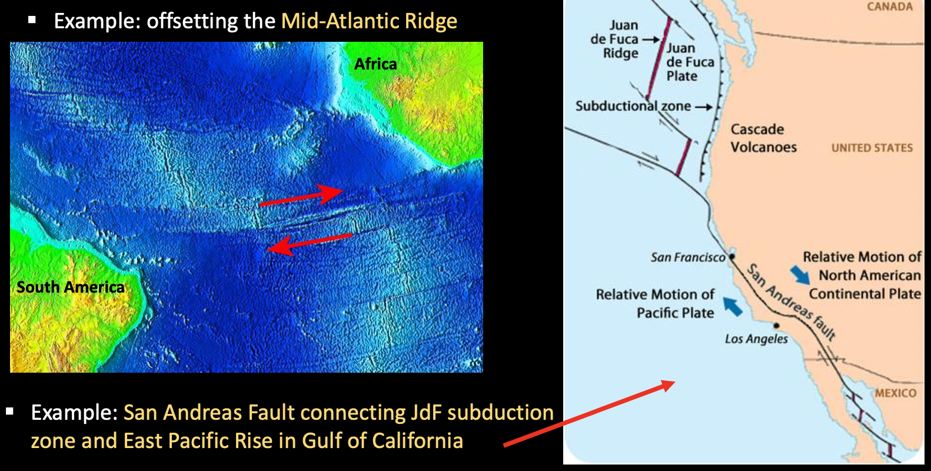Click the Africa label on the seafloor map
[375, 64]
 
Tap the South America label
[70, 287]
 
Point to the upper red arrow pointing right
[301, 195]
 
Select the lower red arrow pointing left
[310, 244]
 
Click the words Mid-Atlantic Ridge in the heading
[369, 21]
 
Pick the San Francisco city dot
[732, 257]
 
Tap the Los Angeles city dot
[776, 326]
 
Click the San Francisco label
[688, 258]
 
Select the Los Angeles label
[756, 339]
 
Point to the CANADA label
[890, 6]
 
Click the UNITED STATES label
[872, 148]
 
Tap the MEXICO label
[896, 393]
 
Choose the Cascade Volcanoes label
[763, 138]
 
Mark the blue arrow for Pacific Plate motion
[732, 306]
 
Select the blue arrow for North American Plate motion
[800, 275]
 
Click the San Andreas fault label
[791, 302]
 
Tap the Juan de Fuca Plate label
[690, 62]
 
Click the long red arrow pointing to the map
[589, 414]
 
